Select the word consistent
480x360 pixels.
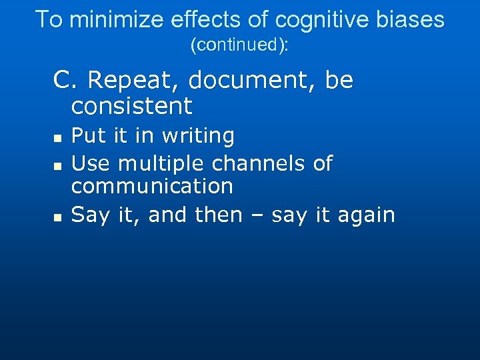pyautogui.click(x=131, y=105)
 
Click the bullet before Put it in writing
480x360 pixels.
pyautogui.click(x=57, y=138)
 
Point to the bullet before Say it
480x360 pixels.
pyautogui.click(x=57, y=217)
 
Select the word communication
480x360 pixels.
pyautogui.click(x=152, y=186)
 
